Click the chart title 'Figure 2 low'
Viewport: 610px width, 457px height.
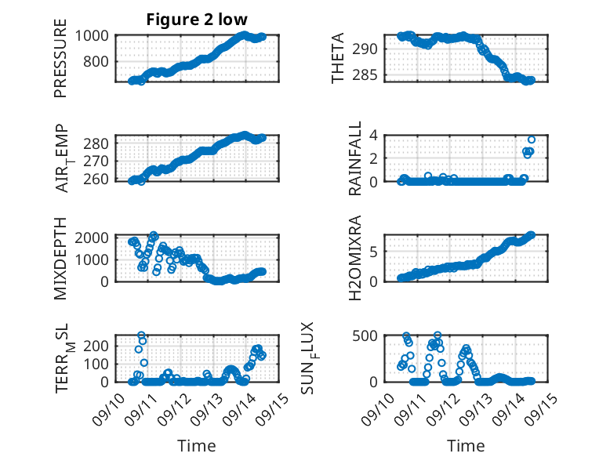tap(197, 20)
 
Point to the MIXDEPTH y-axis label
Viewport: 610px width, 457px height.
tap(60, 258)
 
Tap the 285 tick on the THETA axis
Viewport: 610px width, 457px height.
tap(368, 75)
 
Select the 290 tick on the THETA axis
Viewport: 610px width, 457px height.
tap(368, 49)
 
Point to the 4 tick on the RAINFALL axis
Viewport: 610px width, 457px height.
tap(374, 136)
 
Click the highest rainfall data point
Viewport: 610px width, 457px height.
tap(532, 140)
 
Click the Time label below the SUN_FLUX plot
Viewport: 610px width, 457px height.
tap(466, 446)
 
